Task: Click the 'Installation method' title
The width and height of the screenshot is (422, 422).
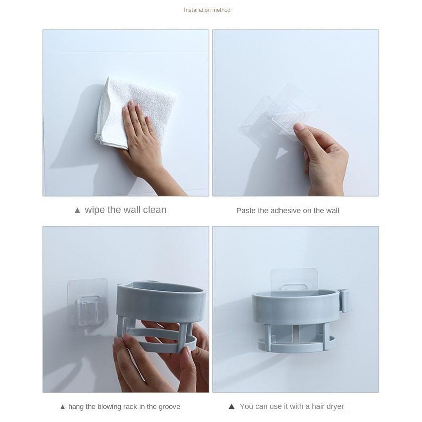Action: pos(207,10)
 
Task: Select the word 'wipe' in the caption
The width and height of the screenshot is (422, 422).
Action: pos(95,210)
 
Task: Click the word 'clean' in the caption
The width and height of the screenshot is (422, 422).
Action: pos(154,210)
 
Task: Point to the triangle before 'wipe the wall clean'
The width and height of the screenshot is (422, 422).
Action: pos(77,211)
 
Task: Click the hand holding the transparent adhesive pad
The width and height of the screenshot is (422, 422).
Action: pos(322,159)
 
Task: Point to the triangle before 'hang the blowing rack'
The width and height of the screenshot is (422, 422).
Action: pos(63,407)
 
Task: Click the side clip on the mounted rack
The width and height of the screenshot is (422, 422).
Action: pos(344,300)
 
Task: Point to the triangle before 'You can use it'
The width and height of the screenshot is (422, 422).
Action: pos(231,407)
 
